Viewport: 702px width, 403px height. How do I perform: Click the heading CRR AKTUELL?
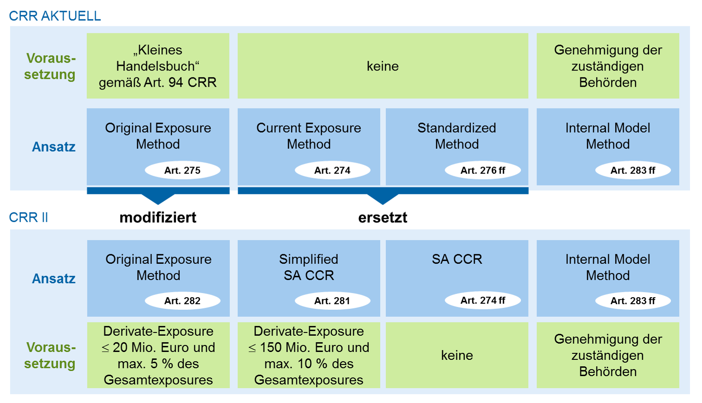(x=55, y=16)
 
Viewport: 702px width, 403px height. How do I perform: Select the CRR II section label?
(x=28, y=217)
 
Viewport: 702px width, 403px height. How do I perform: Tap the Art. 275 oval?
(x=182, y=170)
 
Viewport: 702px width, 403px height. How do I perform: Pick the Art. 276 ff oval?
(x=483, y=170)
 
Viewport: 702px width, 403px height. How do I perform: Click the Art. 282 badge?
(x=182, y=301)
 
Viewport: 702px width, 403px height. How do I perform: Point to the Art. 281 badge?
(x=332, y=301)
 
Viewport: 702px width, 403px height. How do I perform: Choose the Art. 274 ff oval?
(x=483, y=301)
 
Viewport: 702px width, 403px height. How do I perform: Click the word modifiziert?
(x=158, y=217)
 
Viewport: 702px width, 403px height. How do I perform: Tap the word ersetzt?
(x=383, y=217)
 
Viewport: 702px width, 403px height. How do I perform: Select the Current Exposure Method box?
(x=309, y=147)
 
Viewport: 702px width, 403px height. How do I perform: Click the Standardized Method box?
(x=457, y=147)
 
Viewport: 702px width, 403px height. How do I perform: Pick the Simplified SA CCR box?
(x=309, y=278)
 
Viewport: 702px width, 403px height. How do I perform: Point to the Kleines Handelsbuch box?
(x=158, y=66)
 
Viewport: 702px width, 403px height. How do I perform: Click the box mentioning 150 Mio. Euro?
(x=309, y=355)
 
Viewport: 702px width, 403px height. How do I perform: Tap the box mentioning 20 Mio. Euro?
(x=158, y=355)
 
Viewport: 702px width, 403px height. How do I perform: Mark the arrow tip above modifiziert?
(x=158, y=204)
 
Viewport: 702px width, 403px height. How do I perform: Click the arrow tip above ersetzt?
(x=383, y=204)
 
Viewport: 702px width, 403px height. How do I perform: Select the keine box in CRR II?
(x=457, y=355)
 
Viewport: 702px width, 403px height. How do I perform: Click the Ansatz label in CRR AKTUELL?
(x=53, y=147)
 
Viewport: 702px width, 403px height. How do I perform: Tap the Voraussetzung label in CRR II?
(x=50, y=355)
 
